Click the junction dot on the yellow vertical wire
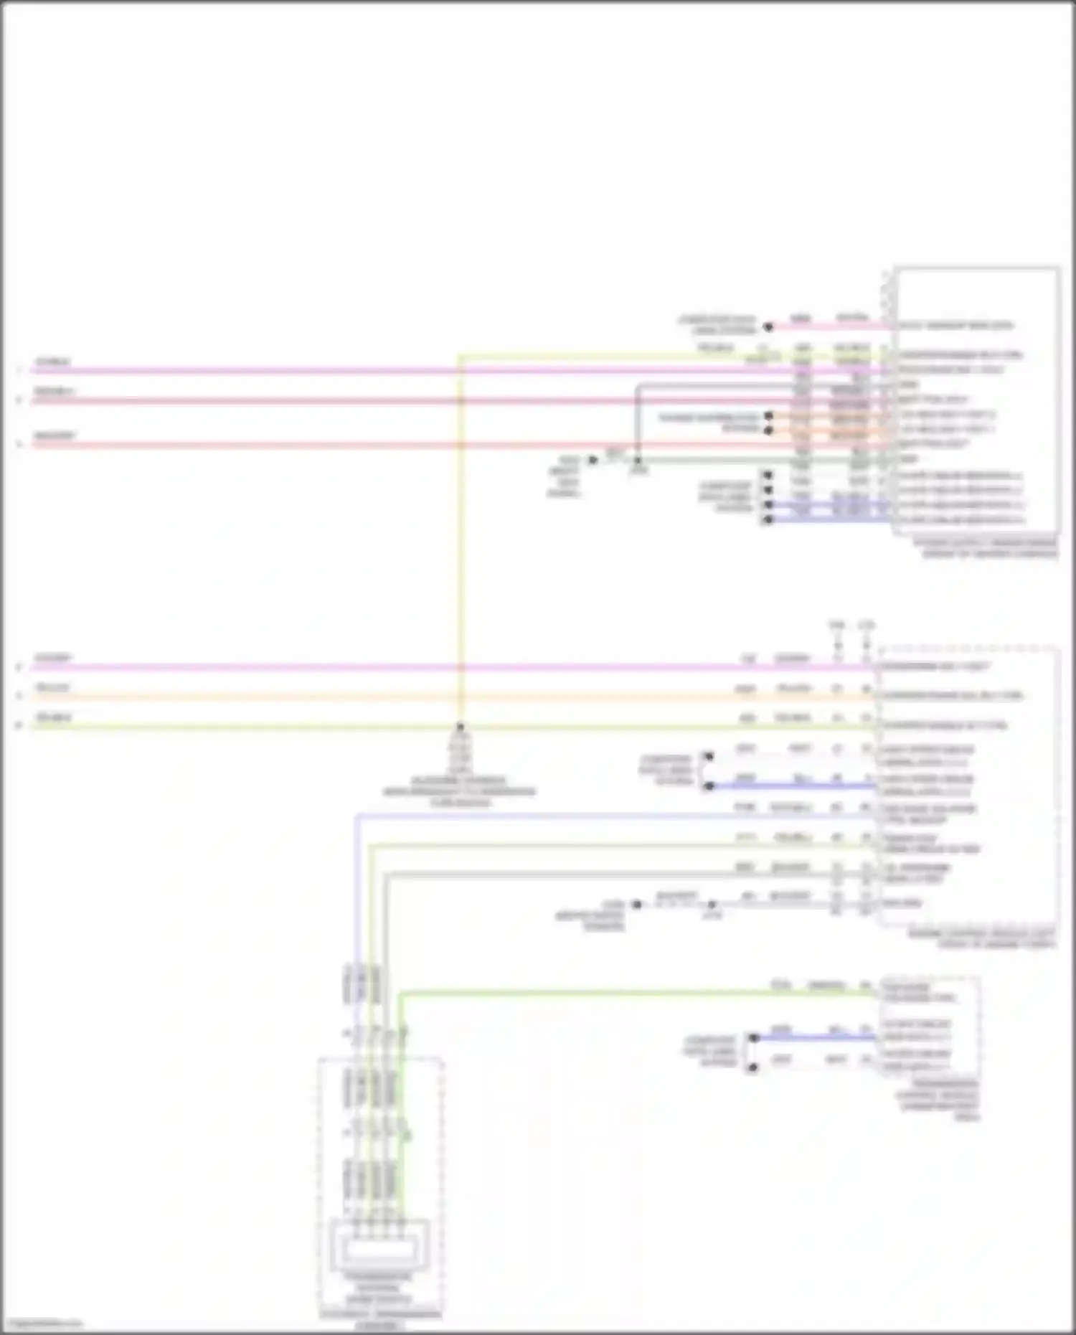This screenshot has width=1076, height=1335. point(460,726)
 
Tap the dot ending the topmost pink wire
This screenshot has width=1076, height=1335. point(768,327)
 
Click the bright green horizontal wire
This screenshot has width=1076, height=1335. point(631,994)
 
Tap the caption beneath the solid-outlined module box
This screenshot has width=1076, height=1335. point(985,548)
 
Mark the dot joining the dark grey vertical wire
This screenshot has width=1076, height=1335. point(638,460)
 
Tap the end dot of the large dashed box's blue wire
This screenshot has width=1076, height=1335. point(709,786)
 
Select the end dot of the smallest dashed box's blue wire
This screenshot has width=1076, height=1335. point(754,1037)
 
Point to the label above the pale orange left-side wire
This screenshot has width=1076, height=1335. point(52,688)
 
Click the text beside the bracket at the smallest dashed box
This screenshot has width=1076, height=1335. point(710,1051)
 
